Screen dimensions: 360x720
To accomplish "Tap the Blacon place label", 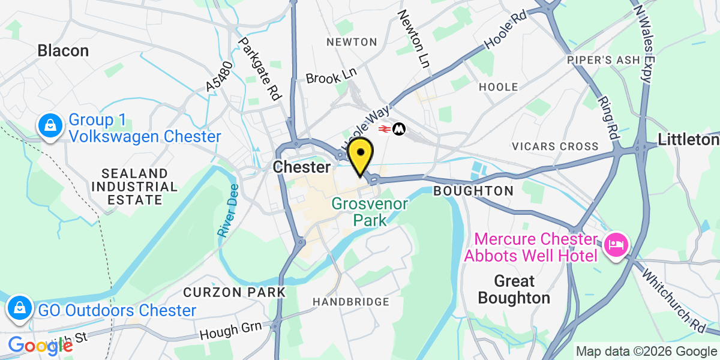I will click(63, 50).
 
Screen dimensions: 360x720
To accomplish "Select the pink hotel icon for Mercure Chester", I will click(616, 245).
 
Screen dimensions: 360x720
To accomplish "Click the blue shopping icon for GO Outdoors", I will click(20, 309).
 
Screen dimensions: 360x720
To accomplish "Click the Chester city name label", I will click(301, 167).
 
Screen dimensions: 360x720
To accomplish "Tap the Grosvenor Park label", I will click(370, 212).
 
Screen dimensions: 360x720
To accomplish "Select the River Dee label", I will click(228, 211).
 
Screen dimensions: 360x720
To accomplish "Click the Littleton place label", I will click(688, 140).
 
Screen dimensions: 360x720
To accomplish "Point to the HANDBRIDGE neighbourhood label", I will click(351, 302).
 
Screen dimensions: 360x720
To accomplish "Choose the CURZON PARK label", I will click(234, 292).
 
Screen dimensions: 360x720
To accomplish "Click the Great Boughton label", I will click(514, 289).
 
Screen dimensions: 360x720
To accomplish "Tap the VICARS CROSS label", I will click(555, 146).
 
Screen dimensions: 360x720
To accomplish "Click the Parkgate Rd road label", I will click(260, 68).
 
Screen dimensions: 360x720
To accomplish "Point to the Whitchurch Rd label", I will click(682, 300).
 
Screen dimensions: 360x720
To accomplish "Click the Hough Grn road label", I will click(232, 329).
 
